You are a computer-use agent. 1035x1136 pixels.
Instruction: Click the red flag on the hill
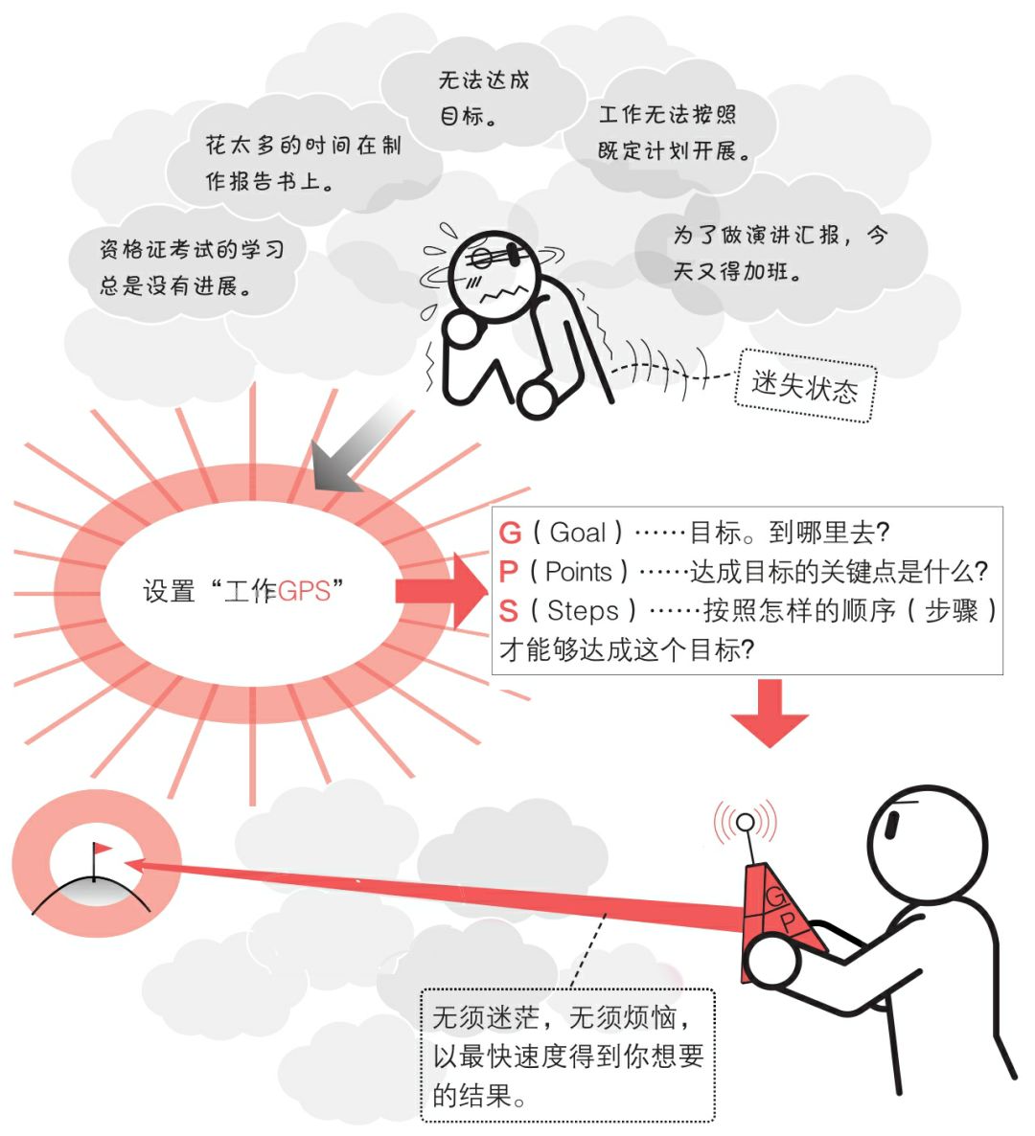[x=101, y=850]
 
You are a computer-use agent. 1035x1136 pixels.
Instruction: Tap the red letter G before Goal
[x=511, y=534]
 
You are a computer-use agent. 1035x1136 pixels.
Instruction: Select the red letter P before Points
[x=510, y=573]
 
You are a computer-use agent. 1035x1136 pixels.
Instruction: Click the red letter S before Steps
[x=509, y=611]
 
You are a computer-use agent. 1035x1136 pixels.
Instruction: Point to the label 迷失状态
[x=805, y=388]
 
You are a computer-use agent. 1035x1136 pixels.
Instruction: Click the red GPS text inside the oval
[x=304, y=591]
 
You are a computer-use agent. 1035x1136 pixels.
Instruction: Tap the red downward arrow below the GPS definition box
[x=770, y=713]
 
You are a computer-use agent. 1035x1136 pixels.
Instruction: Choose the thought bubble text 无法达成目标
[x=484, y=98]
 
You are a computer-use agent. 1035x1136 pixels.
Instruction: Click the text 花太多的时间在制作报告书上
[x=303, y=163]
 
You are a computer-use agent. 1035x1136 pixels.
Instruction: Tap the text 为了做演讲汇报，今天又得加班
[x=779, y=253]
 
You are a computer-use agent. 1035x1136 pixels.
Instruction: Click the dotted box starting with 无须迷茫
[x=568, y=1055]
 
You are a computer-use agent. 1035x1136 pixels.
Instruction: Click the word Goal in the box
[x=578, y=534]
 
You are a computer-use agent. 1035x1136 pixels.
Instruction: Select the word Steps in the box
[x=583, y=611]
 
